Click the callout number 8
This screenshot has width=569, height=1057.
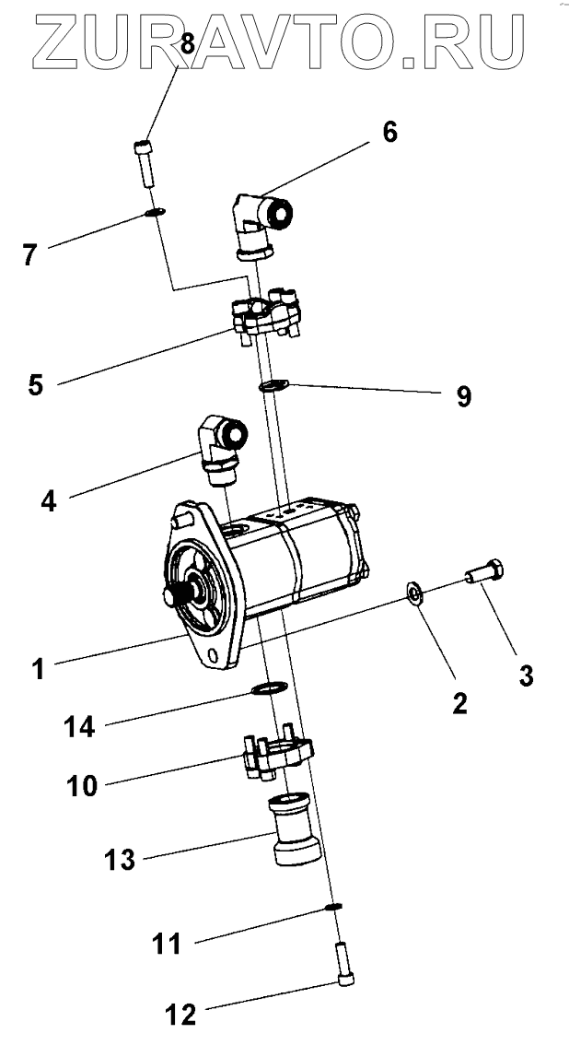186,42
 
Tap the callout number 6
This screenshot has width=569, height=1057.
389,133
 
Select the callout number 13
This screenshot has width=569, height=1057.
121,860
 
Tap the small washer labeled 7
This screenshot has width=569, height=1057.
155,214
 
